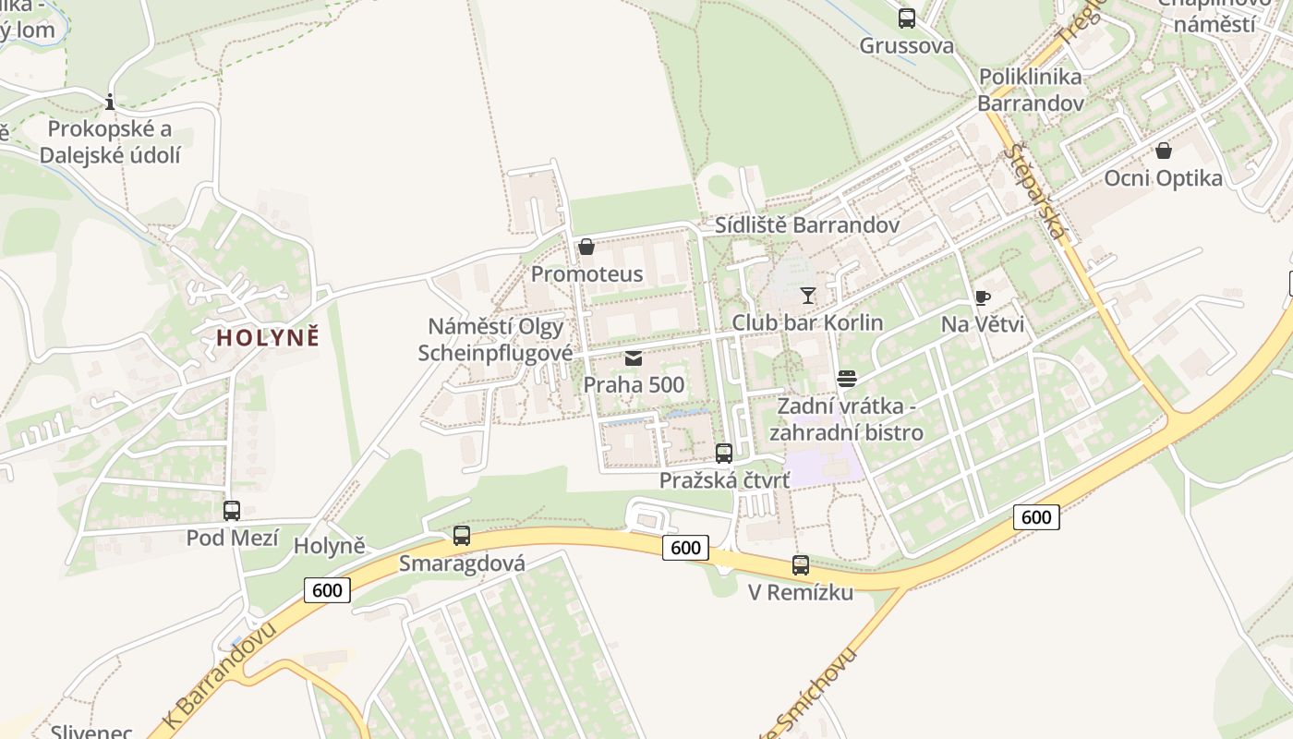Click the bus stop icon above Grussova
pyautogui.click(x=906, y=18)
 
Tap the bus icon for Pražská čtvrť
pyautogui.click(x=724, y=453)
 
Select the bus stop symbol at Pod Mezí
pyautogui.click(x=232, y=510)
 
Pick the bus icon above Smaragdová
pyautogui.click(x=462, y=535)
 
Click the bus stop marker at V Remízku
pyautogui.click(x=801, y=564)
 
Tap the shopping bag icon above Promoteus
pyautogui.click(x=586, y=247)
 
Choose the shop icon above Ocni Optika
pyautogui.click(x=1163, y=150)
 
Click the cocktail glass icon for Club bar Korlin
pyautogui.click(x=808, y=296)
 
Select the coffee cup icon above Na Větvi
pyautogui.click(x=983, y=297)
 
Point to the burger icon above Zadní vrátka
pyautogui.click(x=847, y=379)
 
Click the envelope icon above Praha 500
pyautogui.click(x=634, y=358)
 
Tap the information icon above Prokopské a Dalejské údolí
pyautogui.click(x=110, y=102)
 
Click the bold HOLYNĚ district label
pyautogui.click(x=268, y=337)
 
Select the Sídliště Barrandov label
pyautogui.click(x=807, y=225)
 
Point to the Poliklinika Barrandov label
pyautogui.click(x=1031, y=90)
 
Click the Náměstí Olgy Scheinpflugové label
pyautogui.click(x=496, y=340)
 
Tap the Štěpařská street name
pyautogui.click(x=1037, y=191)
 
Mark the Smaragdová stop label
pyautogui.click(x=462, y=563)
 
